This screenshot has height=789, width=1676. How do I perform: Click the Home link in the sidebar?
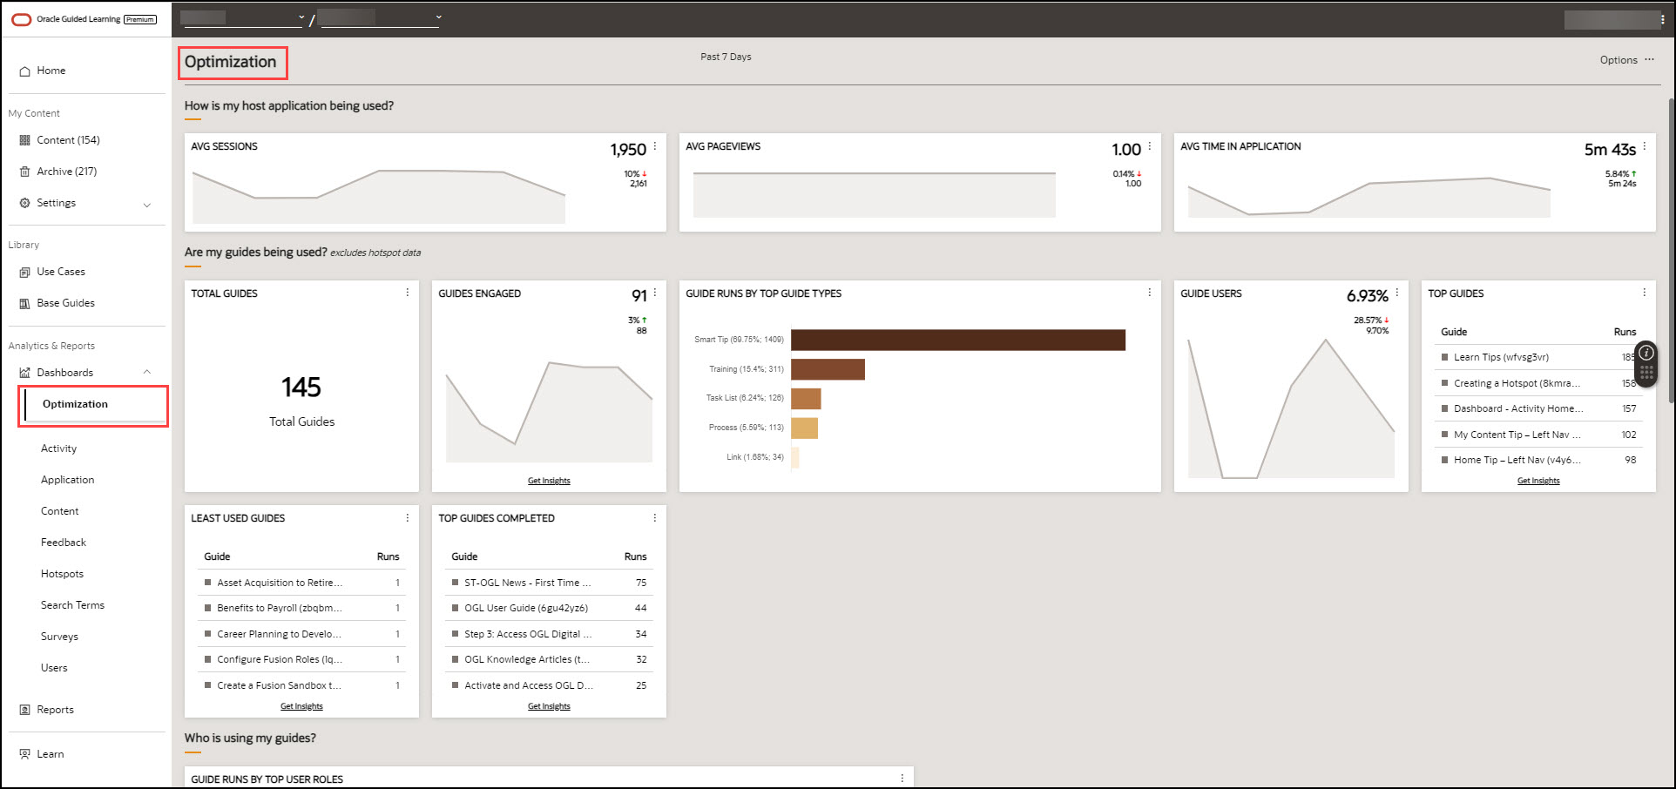(51, 71)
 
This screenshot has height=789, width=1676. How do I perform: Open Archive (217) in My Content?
(66, 172)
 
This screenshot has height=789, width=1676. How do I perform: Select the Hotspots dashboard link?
(62, 574)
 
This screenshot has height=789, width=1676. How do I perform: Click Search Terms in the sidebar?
(72, 605)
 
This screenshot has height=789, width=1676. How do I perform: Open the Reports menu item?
(55, 710)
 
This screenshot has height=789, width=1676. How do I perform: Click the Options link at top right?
(1619, 60)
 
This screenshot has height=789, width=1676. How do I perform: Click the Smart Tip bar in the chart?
(957, 340)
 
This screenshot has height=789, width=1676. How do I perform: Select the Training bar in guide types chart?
(828, 369)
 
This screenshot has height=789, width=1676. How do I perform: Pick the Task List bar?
(806, 398)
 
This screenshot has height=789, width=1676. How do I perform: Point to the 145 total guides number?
(301, 388)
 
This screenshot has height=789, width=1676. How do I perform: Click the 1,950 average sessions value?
(628, 150)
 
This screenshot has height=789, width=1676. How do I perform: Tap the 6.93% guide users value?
(1367, 296)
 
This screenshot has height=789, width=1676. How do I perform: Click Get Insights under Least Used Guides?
(301, 706)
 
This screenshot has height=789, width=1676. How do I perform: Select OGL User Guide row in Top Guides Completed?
(525, 608)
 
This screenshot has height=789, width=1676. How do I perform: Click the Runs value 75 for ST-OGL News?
(641, 583)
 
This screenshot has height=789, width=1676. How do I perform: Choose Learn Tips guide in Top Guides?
(1500, 357)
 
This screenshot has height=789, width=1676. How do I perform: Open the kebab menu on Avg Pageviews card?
(1149, 146)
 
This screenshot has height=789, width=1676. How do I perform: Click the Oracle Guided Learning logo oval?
(22, 19)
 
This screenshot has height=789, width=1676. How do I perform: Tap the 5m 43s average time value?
(1609, 150)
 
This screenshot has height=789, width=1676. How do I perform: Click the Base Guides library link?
(65, 303)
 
